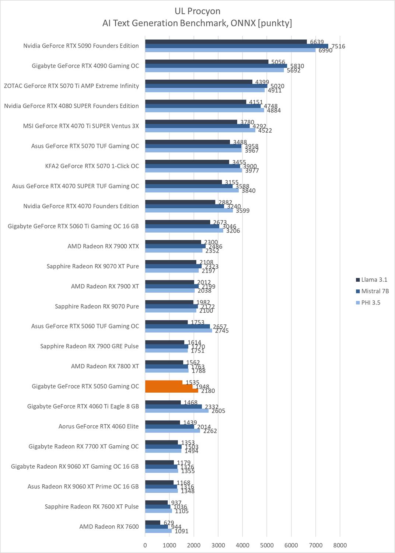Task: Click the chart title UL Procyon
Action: [x=197, y=11]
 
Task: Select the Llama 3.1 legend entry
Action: [x=374, y=280]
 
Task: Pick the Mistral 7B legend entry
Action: [x=375, y=291]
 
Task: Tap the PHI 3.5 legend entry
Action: [x=371, y=303]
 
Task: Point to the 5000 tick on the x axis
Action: [x=267, y=545]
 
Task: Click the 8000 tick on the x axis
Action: [x=340, y=545]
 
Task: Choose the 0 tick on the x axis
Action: [x=145, y=545]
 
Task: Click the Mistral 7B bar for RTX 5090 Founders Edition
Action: [x=236, y=46]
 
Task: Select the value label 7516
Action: [x=338, y=46]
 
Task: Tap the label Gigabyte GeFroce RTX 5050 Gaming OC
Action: [x=85, y=386]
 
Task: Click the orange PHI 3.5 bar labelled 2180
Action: [x=171, y=390]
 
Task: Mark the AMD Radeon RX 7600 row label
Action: [x=109, y=526]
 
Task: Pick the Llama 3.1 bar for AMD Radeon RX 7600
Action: [x=153, y=522]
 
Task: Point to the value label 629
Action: [x=169, y=523]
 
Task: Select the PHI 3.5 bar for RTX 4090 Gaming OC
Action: [x=214, y=70]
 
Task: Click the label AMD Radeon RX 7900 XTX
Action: [x=103, y=246]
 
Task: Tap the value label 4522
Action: [x=265, y=131]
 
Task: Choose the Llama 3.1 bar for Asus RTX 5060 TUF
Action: [x=166, y=322]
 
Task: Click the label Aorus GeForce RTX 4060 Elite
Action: [x=98, y=427]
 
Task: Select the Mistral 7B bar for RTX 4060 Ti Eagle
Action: [x=173, y=407]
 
